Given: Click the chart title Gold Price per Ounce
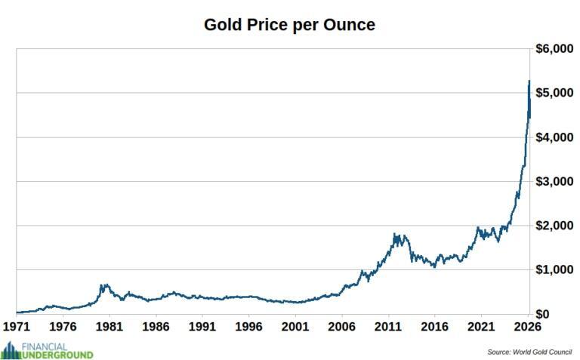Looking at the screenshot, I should (x=289, y=24).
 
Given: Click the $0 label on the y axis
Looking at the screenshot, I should (x=563, y=314).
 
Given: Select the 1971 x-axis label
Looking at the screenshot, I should (x=17, y=328).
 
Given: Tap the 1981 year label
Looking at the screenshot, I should (x=110, y=328).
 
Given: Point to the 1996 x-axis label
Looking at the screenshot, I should (x=249, y=328).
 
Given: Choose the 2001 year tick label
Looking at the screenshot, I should (x=295, y=328).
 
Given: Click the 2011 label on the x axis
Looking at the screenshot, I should (x=388, y=328).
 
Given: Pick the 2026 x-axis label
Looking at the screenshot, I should (x=526, y=328).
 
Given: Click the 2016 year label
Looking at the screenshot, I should (x=434, y=328).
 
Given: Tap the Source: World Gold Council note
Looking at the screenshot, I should (x=529, y=352).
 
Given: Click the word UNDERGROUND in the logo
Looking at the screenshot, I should (x=58, y=354).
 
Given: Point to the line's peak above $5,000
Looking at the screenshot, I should (x=529, y=82).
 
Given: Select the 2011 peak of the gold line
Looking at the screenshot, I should (x=396, y=235).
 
